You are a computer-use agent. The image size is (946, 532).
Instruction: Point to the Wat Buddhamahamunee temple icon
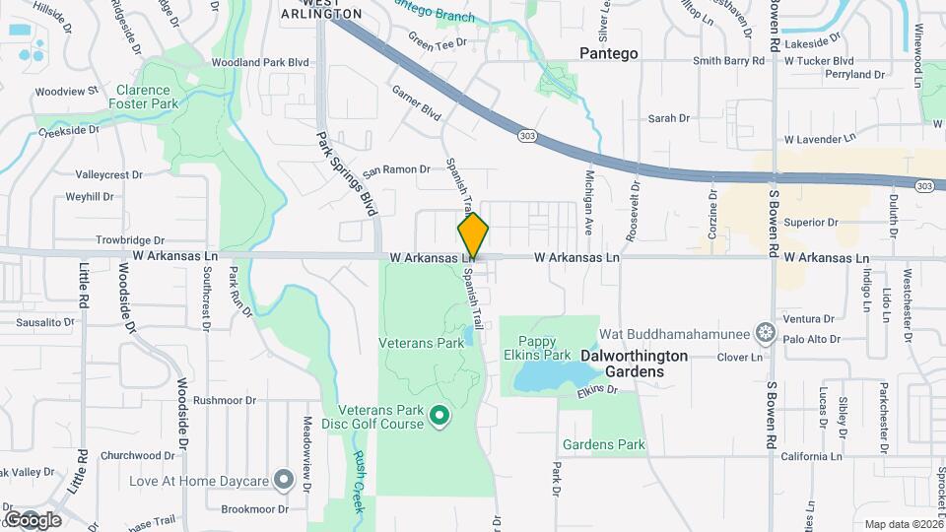(x=764, y=331)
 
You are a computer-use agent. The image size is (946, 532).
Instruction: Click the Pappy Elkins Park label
(x=544, y=348)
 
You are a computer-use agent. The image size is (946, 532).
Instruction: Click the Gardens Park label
(x=603, y=444)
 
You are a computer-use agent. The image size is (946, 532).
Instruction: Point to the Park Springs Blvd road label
(x=346, y=173)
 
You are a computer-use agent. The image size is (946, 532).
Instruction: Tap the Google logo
(x=33, y=519)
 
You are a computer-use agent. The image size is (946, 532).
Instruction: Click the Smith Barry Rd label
(x=729, y=60)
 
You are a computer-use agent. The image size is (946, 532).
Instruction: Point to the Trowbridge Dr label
(x=129, y=239)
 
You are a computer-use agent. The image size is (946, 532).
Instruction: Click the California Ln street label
(x=811, y=456)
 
